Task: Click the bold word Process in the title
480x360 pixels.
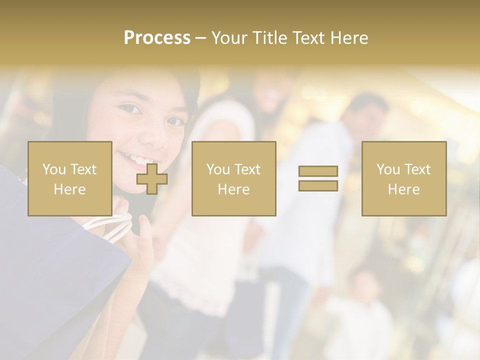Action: [x=157, y=38]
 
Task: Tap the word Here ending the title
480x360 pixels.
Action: [x=350, y=38]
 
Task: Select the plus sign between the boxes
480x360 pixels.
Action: [x=152, y=178]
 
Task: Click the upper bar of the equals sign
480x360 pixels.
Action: [x=318, y=171]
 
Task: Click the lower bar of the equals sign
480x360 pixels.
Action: [x=318, y=185]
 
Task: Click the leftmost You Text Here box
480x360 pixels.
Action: [x=69, y=178]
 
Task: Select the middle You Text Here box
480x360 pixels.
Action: [x=233, y=178]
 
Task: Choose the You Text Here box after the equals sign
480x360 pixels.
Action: [x=403, y=178]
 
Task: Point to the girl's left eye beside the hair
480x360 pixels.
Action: [x=131, y=108]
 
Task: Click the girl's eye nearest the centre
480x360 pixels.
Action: [x=175, y=121]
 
